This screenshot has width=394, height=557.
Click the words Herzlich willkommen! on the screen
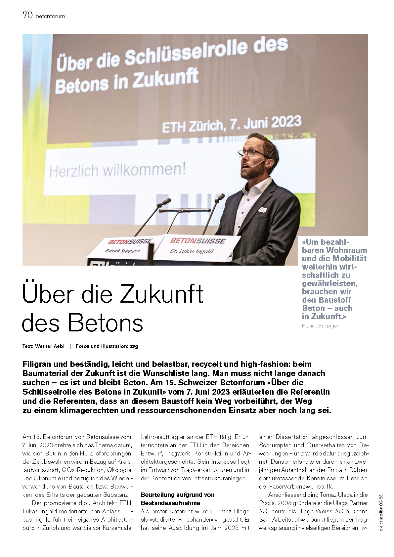[117, 171]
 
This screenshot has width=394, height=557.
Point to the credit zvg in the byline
[134, 346]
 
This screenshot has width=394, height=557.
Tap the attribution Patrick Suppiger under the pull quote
[320, 325]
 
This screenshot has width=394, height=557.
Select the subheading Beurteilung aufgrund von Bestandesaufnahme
[177, 499]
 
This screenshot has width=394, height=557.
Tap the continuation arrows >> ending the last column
[365, 528]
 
